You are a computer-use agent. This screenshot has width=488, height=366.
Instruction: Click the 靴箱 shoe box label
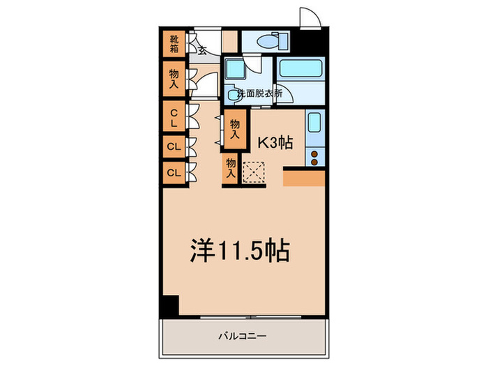pyautogui.click(x=173, y=45)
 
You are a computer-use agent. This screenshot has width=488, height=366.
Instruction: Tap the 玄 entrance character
pyautogui.click(x=201, y=49)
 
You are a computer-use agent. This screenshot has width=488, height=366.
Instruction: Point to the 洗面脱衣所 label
pyautogui.click(x=259, y=92)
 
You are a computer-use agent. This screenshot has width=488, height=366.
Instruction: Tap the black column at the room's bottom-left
pyautogui.click(x=169, y=305)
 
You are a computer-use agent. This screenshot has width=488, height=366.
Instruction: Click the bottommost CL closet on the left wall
pyautogui.click(x=173, y=171)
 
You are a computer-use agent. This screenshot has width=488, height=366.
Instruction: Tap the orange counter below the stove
pyautogui.click(x=304, y=178)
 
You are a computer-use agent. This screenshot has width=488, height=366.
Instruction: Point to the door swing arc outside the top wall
pyautogui.click(x=307, y=17)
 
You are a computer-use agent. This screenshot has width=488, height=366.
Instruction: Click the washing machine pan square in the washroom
pyautogui.click(x=234, y=70)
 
